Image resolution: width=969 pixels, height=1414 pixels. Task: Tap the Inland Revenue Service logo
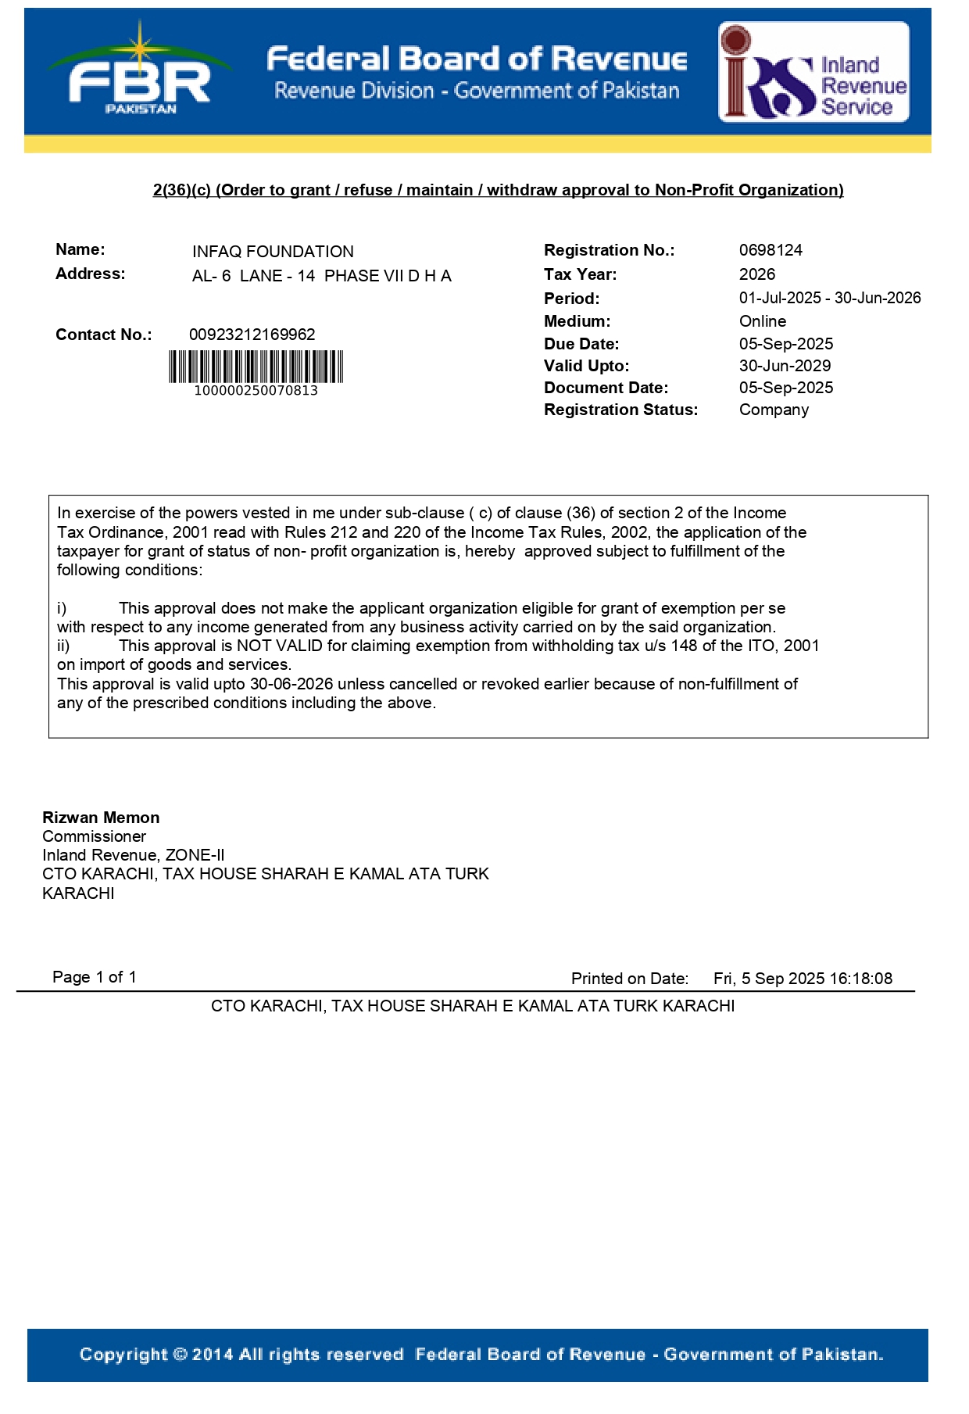pos(813,72)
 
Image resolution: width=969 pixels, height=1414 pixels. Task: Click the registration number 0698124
pos(771,250)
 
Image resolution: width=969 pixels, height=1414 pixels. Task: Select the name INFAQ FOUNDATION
pos(273,252)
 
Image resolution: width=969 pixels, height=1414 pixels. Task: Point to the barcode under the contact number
pos(256,367)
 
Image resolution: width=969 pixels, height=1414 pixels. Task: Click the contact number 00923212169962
pos(252,335)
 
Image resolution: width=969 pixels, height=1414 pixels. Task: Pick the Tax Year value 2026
pos(757,274)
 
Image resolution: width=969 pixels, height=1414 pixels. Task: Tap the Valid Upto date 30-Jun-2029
pos(785,366)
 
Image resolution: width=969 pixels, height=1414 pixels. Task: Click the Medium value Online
pos(763,321)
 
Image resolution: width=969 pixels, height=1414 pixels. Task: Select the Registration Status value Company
pos(774,410)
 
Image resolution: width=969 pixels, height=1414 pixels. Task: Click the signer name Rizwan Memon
pos(101,818)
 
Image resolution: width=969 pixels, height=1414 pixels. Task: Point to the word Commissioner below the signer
pos(94,836)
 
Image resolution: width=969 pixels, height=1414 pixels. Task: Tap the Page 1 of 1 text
pos(95,977)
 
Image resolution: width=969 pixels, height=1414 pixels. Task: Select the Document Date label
pos(606,388)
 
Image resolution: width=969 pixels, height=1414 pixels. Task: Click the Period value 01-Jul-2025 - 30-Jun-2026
pos(830,298)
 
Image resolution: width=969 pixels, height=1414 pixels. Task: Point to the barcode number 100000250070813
pos(256,391)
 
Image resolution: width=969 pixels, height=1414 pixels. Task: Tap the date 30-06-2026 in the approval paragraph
pos(291,684)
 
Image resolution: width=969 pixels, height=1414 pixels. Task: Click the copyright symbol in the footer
pos(181,1355)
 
